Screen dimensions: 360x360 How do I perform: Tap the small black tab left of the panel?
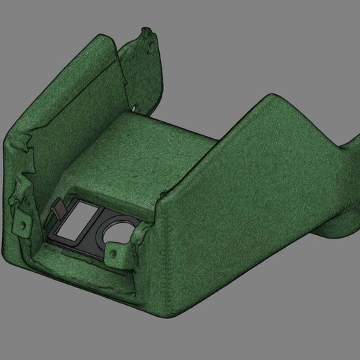(59, 207)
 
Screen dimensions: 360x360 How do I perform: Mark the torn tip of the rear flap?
(147, 31)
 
